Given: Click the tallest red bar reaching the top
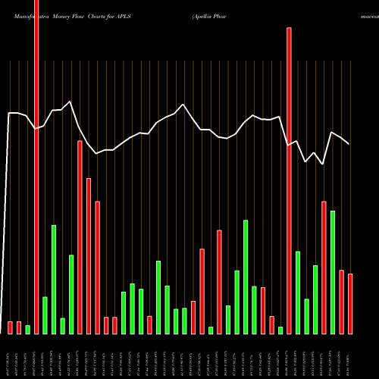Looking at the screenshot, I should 36,167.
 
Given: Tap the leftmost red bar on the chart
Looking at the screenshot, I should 11,327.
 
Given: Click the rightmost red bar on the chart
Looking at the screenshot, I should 350,303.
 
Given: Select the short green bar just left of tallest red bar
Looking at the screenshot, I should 28,329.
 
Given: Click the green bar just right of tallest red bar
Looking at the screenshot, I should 45,315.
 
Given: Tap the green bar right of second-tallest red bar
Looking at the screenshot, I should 298,292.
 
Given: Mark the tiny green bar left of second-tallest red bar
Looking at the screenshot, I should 280,330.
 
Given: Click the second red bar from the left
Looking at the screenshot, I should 19,327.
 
